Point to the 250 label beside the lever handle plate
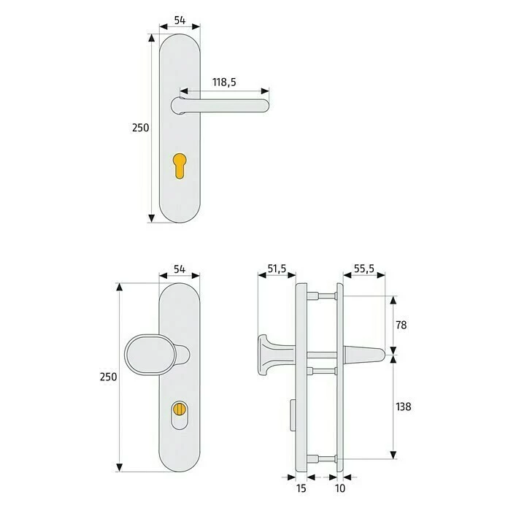pos(140,127)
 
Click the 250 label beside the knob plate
pos(108,377)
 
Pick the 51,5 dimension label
pos(276,269)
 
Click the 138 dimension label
pos(404,406)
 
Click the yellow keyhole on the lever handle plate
pos(180,165)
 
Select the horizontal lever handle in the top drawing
pos(226,105)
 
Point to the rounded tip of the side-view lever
pos(379,355)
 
